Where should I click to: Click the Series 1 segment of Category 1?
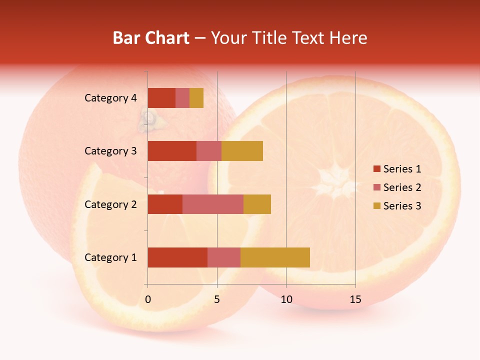pyautogui.click(x=177, y=257)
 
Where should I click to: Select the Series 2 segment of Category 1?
pyautogui.click(x=224, y=257)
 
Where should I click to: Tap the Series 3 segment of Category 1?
pyautogui.click(x=275, y=257)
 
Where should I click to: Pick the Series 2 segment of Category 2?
pyautogui.click(x=213, y=204)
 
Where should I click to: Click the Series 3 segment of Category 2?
pyautogui.click(x=257, y=204)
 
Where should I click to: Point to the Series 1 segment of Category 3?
pyautogui.click(x=172, y=151)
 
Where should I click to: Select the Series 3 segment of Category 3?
pyautogui.click(x=242, y=151)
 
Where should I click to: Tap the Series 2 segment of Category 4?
pyautogui.click(x=182, y=98)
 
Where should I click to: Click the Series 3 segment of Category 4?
pyautogui.click(x=196, y=98)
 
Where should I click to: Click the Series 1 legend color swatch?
pyautogui.click(x=376, y=169)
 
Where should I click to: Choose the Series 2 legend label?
pyautogui.click(x=402, y=187)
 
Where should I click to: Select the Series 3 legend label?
pyautogui.click(x=402, y=206)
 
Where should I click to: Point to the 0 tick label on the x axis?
pyautogui.click(x=148, y=299)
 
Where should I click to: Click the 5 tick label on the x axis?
pyautogui.click(x=217, y=299)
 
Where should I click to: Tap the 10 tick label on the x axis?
pyautogui.click(x=286, y=299)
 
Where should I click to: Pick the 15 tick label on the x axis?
pyautogui.click(x=355, y=299)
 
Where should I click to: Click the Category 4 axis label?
pyautogui.click(x=110, y=98)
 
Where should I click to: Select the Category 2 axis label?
pyautogui.click(x=110, y=204)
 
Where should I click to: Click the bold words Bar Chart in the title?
pyautogui.click(x=151, y=38)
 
